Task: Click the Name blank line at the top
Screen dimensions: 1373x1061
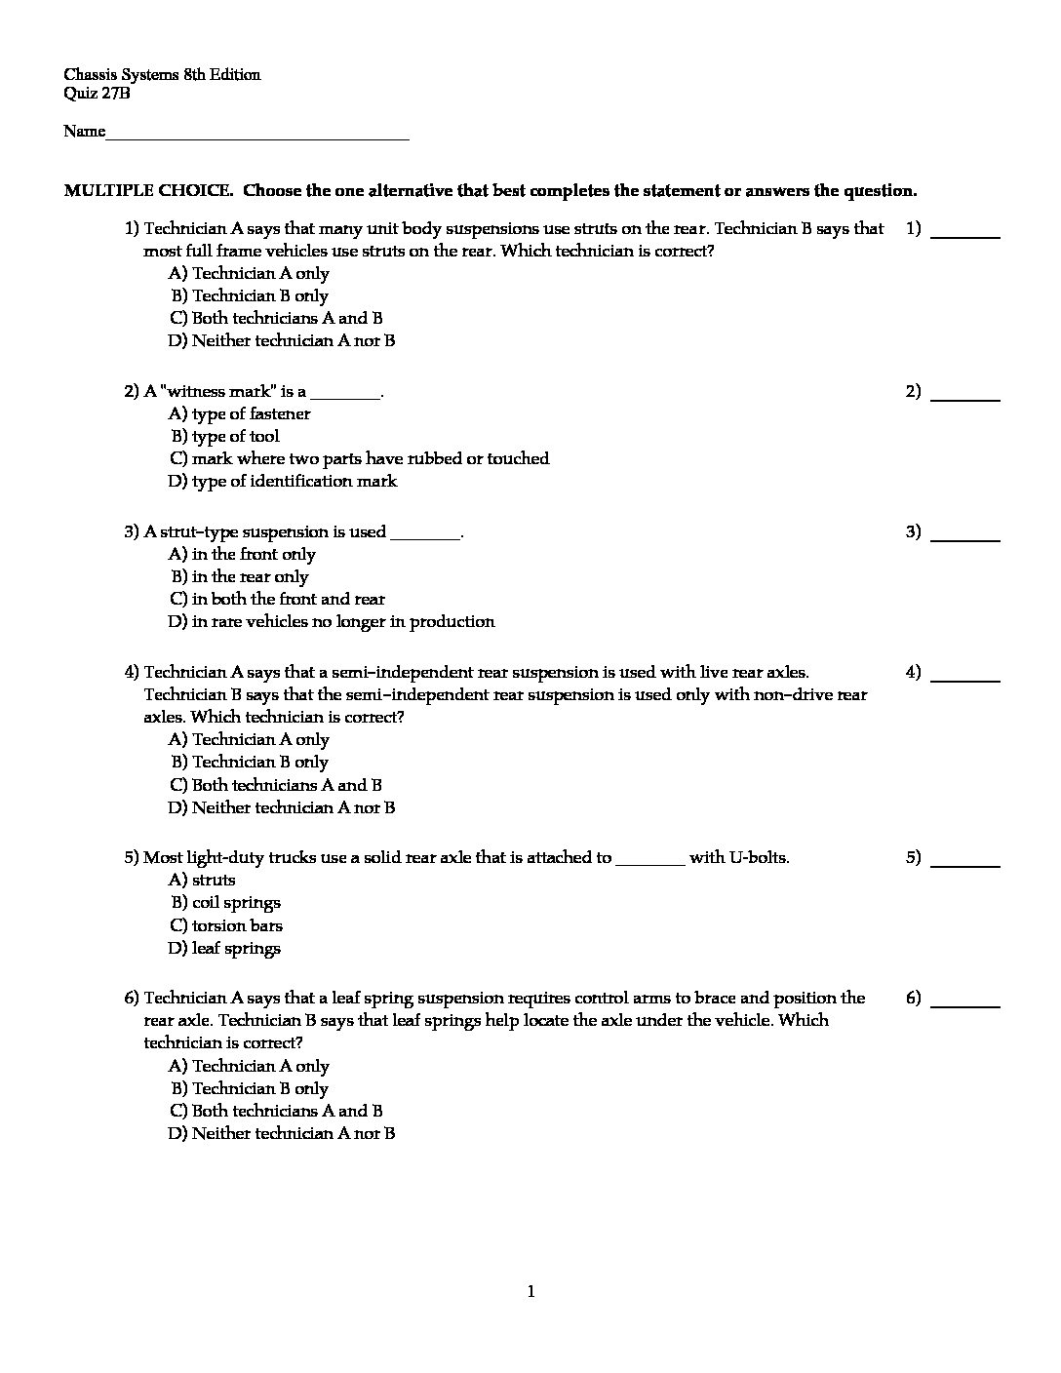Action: [x=257, y=137]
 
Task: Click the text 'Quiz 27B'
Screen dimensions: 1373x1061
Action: [x=97, y=95]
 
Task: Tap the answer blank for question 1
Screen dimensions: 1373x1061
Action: [x=965, y=235]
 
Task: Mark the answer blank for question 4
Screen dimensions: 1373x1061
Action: [x=965, y=679]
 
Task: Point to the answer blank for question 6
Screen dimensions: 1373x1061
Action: [x=965, y=1004]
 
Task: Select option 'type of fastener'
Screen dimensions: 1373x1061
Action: [x=251, y=414]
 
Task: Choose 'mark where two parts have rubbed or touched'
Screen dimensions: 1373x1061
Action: [x=370, y=459]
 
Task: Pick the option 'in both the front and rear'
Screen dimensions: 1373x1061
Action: [x=288, y=600]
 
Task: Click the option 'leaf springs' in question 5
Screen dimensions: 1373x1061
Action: [x=236, y=949]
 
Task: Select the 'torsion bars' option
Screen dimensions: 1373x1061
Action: [x=237, y=926]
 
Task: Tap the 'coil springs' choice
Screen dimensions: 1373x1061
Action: [x=236, y=903]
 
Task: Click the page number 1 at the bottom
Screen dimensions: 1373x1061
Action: [x=530, y=1293]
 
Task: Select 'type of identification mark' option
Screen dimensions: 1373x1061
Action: [x=295, y=482]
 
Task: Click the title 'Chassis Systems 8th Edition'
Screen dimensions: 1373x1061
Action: [x=162, y=75]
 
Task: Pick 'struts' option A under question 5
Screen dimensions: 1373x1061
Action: [x=214, y=881]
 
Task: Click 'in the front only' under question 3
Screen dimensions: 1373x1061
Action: [x=254, y=555]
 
